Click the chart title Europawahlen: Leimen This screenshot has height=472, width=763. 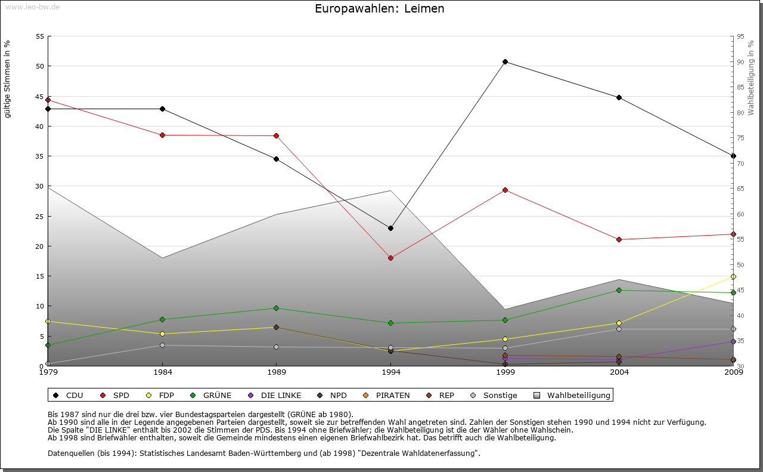(380, 9)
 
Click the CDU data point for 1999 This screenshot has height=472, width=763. (505, 62)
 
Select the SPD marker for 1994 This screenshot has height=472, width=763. (390, 258)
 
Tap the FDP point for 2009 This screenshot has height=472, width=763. (733, 276)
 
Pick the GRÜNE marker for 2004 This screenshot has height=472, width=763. (619, 290)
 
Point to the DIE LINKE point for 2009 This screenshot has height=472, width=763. (733, 341)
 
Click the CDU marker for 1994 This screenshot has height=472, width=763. (390, 228)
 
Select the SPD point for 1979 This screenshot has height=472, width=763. (48, 100)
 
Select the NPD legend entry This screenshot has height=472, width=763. (337, 395)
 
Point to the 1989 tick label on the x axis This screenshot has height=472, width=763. (277, 373)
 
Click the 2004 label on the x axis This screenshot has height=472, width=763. (619, 373)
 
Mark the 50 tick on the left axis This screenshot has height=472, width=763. (40, 66)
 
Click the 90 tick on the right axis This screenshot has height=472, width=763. (740, 62)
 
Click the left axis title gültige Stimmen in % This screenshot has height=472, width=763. (8, 79)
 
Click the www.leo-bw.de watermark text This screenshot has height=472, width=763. (32, 7)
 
